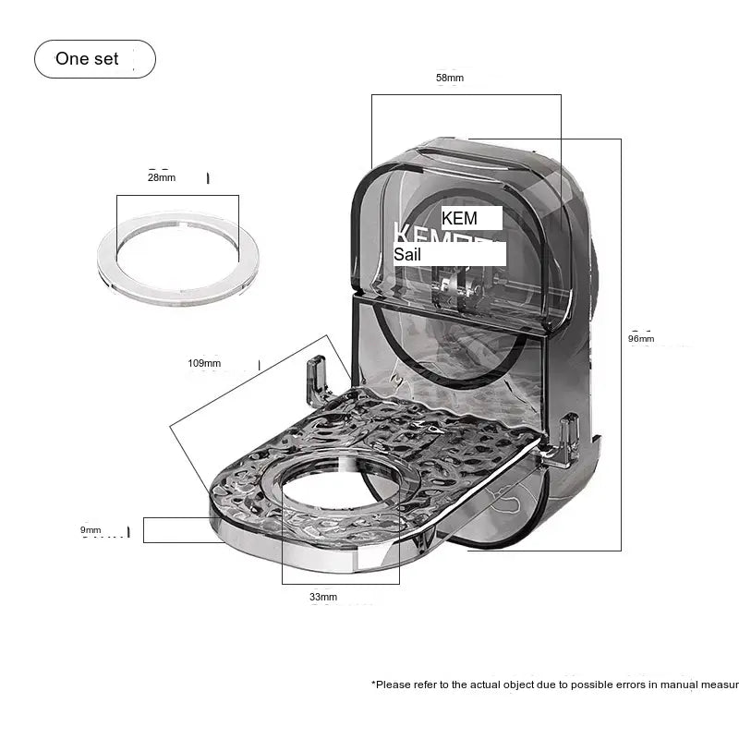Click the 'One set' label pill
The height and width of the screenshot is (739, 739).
click(x=94, y=59)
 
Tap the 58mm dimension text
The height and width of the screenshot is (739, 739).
click(x=449, y=79)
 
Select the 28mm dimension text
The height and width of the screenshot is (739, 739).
click(x=161, y=177)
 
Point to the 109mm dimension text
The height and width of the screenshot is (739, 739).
click(x=204, y=363)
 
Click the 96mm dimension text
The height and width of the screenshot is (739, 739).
click(x=641, y=339)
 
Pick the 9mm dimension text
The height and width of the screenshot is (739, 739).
click(x=90, y=529)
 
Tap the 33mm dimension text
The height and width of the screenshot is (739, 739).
click(x=323, y=597)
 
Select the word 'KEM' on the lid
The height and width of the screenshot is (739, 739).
click(x=460, y=219)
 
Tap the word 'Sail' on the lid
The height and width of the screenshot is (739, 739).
click(x=407, y=254)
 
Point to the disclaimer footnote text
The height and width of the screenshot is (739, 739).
click(x=554, y=684)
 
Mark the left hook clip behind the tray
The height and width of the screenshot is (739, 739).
click(x=318, y=380)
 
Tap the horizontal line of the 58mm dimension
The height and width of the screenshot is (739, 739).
click(x=466, y=94)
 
